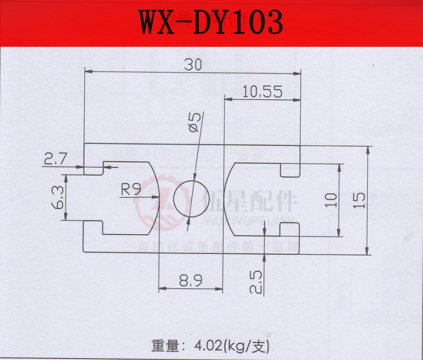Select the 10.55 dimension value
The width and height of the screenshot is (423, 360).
262,91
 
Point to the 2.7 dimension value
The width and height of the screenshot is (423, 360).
56,159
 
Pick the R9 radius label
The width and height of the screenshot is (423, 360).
131,190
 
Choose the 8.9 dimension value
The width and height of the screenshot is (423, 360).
190,281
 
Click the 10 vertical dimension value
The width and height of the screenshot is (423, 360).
331,200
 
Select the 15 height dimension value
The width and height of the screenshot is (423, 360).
359,200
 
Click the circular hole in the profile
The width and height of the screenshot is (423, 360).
188,198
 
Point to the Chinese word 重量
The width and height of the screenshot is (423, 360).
165,346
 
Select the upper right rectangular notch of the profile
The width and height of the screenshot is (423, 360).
290,169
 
